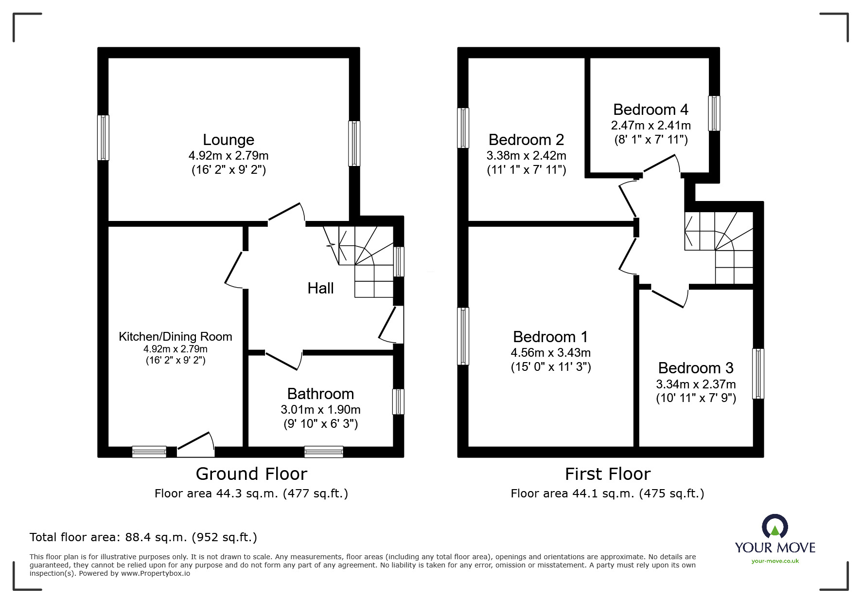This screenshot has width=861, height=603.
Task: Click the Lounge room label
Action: click(228, 140)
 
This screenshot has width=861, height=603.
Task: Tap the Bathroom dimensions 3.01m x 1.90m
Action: click(320, 409)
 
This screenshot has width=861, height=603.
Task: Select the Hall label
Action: click(320, 288)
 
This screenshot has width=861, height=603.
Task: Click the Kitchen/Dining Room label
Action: click(176, 336)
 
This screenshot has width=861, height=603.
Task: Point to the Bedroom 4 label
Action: click(650, 110)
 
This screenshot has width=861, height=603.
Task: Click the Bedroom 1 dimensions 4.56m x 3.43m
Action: click(550, 352)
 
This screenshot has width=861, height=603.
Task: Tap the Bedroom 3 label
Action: click(696, 368)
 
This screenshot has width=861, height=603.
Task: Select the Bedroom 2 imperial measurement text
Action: click(527, 170)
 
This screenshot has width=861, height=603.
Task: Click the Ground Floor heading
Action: click(251, 474)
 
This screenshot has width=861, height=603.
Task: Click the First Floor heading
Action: click(607, 474)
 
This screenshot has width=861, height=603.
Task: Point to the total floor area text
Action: click(143, 537)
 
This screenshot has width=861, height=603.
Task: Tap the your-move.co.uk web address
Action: click(775, 561)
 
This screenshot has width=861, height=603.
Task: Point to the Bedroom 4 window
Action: click(714, 113)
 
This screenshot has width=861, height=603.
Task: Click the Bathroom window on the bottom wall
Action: click(324, 452)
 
